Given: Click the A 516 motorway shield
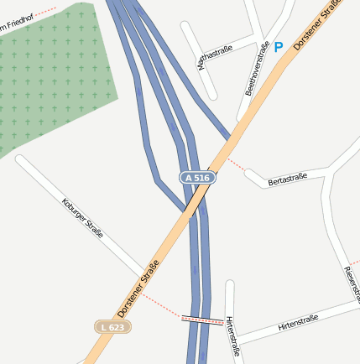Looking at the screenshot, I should tap(197, 178).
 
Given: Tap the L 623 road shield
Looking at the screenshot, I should tap(112, 326).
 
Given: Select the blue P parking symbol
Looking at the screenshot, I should tap(279, 48).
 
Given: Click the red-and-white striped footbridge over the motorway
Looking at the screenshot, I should tap(202, 319).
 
